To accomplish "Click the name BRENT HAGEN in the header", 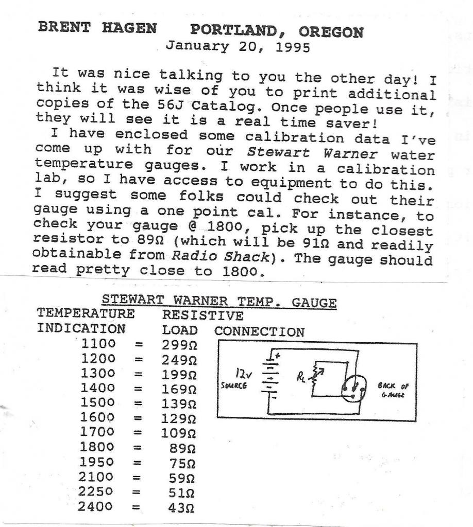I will [x=97, y=28].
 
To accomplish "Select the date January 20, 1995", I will [x=238, y=47].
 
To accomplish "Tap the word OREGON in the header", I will [x=331, y=32].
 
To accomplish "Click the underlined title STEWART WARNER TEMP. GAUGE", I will [x=219, y=301].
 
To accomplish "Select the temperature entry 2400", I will [x=95, y=506].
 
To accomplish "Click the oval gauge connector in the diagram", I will [x=356, y=393].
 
